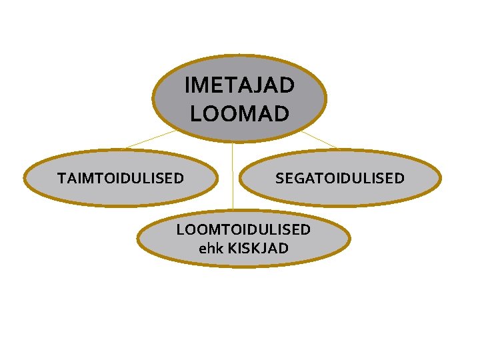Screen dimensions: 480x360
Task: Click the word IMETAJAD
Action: tap(239, 86)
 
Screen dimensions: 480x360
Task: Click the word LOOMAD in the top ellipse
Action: tap(239, 113)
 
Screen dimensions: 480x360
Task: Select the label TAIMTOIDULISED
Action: tap(120, 178)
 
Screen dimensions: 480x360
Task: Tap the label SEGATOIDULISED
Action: tap(339, 178)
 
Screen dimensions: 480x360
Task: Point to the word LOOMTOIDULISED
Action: tap(243, 230)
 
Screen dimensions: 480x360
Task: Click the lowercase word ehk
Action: tap(211, 249)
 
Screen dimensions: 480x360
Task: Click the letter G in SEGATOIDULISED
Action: tap(297, 178)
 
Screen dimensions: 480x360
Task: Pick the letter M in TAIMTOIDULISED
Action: tap(85, 178)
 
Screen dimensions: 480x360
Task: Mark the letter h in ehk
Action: tap(211, 249)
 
